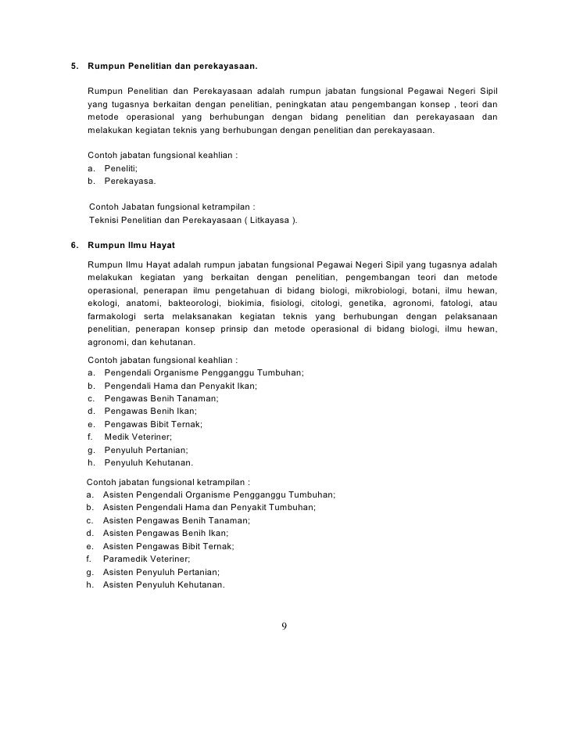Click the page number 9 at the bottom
tap(284, 626)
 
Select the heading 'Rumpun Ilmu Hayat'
tap(131, 245)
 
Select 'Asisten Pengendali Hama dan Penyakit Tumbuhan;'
tap(209, 508)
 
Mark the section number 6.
tap(74, 245)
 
